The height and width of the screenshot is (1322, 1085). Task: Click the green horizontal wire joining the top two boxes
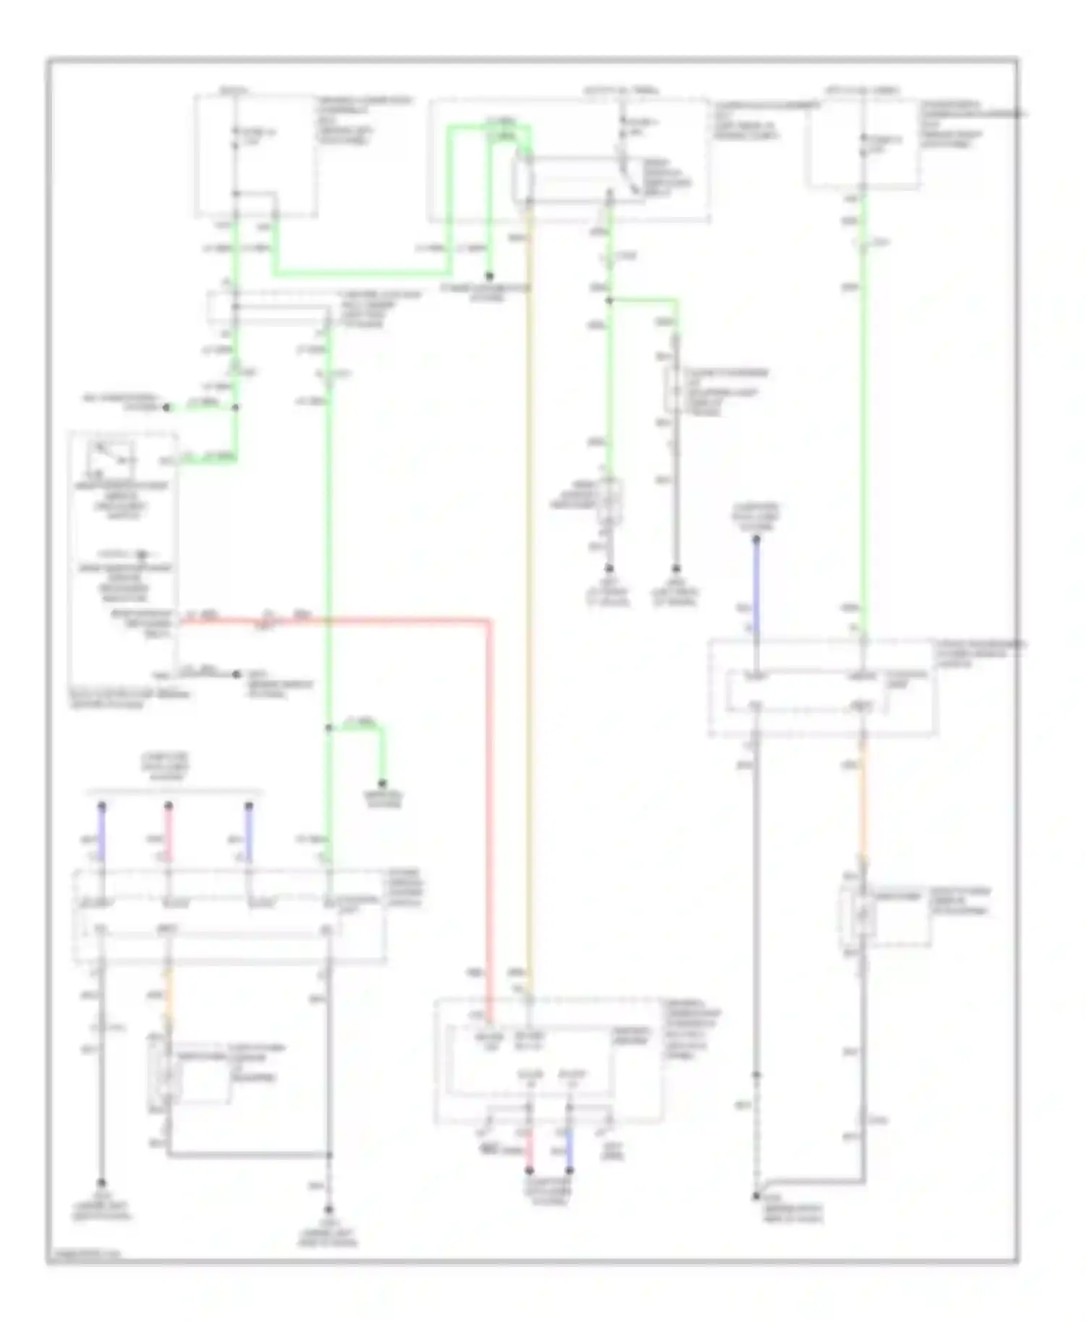(362, 273)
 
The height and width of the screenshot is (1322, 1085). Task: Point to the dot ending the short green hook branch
(383, 783)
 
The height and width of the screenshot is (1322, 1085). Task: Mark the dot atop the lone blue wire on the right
(756, 540)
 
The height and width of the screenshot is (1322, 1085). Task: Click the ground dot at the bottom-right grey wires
(756, 1196)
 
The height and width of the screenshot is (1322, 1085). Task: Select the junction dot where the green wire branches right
(609, 300)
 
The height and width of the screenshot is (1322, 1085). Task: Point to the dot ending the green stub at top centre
(490, 276)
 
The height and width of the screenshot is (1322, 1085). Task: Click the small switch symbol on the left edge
(111, 456)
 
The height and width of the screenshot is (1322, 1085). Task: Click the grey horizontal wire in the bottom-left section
(250, 1154)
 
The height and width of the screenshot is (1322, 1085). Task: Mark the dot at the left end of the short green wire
(166, 407)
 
